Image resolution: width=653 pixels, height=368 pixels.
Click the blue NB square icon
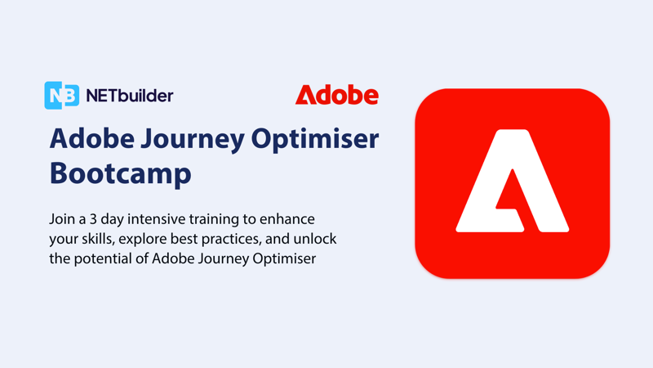coord(62,96)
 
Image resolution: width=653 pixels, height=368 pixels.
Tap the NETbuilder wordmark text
coord(130,96)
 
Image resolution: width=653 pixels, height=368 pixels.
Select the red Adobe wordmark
coord(337,95)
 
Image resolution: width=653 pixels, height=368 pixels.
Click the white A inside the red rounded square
coord(513,181)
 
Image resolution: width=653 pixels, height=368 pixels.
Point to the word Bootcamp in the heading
coord(120,173)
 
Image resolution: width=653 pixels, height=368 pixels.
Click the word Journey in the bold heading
coord(193,140)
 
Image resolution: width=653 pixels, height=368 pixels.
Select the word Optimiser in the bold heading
coord(315,139)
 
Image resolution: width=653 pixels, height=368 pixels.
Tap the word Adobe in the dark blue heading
coord(92,138)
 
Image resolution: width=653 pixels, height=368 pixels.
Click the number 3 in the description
coord(93,219)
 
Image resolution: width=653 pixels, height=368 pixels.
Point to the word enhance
coord(287,219)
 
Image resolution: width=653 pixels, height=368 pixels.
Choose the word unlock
coord(315,239)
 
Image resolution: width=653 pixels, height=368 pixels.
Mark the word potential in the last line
coord(103,259)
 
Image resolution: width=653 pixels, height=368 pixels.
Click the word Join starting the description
coord(60,219)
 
